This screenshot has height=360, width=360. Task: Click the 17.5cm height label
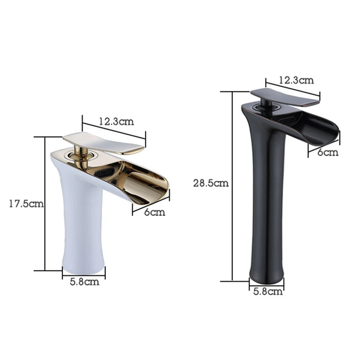pyautogui.click(x=26, y=203)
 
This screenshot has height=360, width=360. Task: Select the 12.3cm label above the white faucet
pyautogui.click(x=116, y=121)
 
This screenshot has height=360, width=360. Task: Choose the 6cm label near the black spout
pyautogui.click(x=327, y=152)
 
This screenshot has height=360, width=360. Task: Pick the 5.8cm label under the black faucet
pyautogui.click(x=268, y=292)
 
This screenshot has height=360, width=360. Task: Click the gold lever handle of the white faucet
pyautogui.click(x=103, y=142)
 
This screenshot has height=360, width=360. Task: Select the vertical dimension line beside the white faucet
pyautogui.click(x=46, y=202)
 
